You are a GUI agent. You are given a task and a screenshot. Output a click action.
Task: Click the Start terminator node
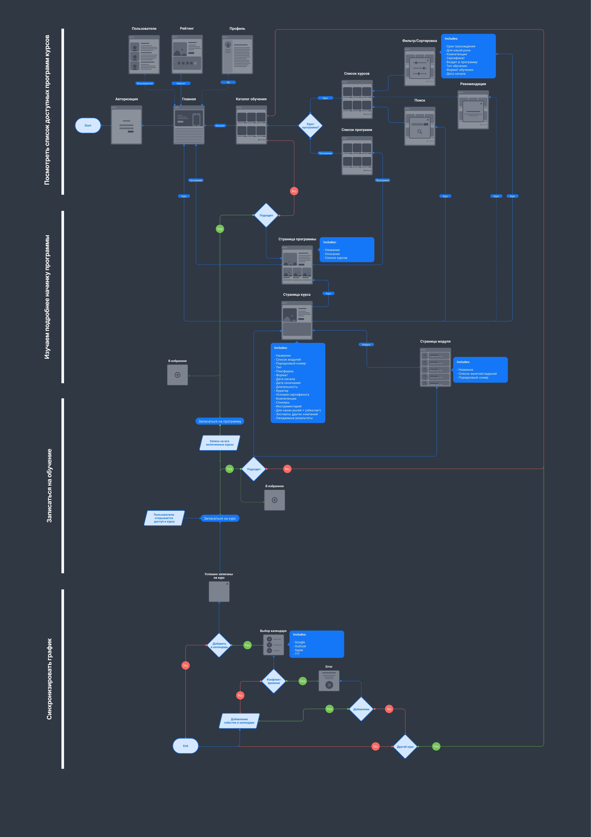(88, 125)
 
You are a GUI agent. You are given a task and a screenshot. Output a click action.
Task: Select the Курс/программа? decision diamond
(310, 126)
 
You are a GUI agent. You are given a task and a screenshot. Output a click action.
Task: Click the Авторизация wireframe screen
(127, 125)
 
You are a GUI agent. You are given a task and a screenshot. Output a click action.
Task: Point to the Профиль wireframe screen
(237, 55)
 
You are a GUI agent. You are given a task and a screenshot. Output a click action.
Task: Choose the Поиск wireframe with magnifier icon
(420, 126)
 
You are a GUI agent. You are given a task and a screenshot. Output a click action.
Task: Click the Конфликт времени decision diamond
(274, 681)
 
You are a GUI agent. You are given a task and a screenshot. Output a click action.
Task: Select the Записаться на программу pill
(220, 421)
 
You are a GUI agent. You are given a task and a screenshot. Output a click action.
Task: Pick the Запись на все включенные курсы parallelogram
(220, 443)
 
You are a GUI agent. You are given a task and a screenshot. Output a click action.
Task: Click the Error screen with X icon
(329, 681)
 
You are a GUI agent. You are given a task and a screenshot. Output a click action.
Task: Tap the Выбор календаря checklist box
(274, 645)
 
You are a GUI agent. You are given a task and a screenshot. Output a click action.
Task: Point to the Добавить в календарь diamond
(219, 645)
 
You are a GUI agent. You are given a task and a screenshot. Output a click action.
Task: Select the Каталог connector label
(220, 126)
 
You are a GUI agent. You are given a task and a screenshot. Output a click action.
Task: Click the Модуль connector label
(366, 345)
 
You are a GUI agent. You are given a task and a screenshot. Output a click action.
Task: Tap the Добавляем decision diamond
(361, 709)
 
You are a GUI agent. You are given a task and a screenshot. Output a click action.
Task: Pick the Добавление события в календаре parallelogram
(239, 721)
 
